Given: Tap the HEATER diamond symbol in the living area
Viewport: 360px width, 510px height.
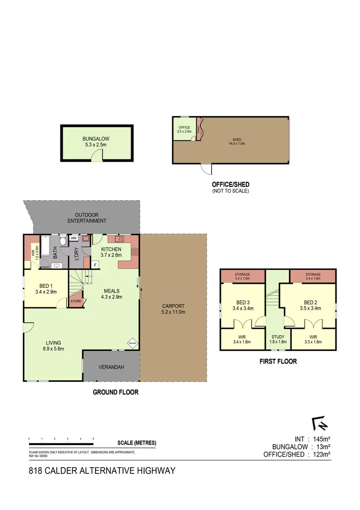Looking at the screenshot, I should [132, 343].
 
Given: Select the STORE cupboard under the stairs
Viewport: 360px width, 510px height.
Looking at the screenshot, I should [76, 302].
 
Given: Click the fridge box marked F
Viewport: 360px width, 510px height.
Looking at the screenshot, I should [95, 265].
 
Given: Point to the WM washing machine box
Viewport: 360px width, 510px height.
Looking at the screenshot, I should [74, 238].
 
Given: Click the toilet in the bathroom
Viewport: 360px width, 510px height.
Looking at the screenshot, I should [63, 241].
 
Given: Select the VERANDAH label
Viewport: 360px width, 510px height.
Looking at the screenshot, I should [111, 367].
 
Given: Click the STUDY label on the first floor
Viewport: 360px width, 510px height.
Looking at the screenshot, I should [278, 337].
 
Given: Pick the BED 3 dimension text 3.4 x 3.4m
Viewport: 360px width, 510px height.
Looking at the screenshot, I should [242, 308].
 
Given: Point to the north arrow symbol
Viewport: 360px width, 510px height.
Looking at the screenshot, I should [318, 424].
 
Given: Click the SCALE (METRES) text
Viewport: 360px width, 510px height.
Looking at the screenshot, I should [136, 443].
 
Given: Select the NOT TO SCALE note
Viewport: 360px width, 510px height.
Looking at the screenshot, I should [230, 191].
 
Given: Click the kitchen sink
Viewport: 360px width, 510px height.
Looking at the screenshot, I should [118, 239].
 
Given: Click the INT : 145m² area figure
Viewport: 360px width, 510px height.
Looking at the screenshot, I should [312, 438].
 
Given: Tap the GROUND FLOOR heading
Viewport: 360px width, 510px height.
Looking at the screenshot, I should [115, 392].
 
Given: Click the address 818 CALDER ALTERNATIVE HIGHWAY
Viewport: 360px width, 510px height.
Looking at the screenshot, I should [102, 471].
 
